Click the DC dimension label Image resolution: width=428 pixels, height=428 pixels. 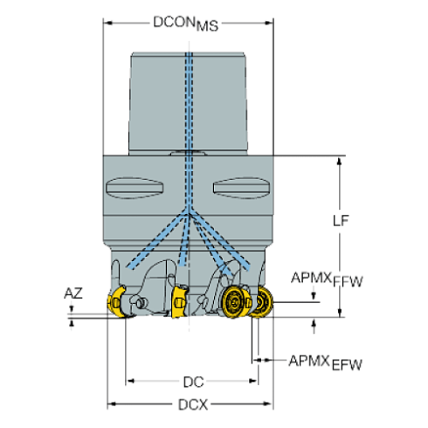[193, 381]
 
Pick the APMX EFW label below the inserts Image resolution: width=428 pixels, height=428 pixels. [324, 361]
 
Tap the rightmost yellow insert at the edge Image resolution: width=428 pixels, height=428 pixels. [262, 301]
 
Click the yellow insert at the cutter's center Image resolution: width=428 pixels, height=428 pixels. [178, 300]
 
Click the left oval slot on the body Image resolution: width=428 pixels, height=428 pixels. [135, 188]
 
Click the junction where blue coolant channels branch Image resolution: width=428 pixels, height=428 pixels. [189, 211]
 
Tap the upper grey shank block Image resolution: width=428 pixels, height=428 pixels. [188, 100]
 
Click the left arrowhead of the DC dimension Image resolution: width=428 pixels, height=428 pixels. [131, 381]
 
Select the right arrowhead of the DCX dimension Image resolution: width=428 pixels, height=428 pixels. [267, 404]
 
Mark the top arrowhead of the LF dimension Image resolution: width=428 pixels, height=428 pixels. [340, 159]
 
